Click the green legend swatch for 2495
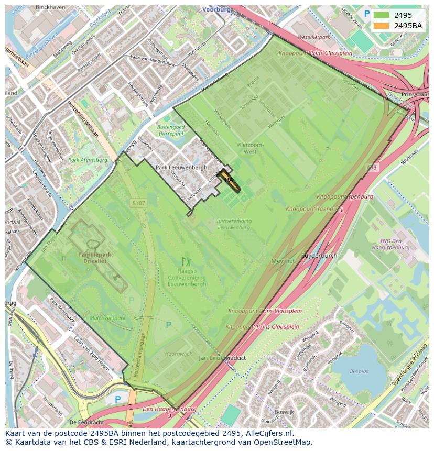coord(382,15)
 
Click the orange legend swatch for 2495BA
coord(382,26)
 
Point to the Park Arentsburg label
coord(88,160)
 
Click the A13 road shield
coord(371,168)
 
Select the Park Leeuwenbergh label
coord(181,168)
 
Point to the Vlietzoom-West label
coord(249,148)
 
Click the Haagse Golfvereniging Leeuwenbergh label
coord(187,278)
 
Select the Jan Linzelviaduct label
coord(223,358)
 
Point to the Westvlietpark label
coord(314,38)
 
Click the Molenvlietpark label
coord(107,318)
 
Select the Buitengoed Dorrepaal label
coord(170,130)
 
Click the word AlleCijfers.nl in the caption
coord(270,433)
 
